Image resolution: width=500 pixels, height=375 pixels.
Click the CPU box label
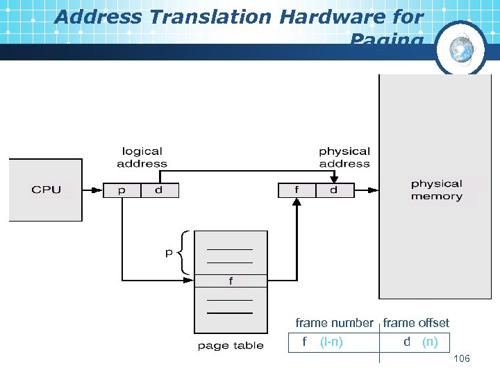point(46,190)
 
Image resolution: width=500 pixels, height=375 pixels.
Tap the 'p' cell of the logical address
point(122,190)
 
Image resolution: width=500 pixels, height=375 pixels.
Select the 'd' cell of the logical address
point(160,190)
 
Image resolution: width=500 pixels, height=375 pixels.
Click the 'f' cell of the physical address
point(297,190)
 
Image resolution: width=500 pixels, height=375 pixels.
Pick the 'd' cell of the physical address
point(334,190)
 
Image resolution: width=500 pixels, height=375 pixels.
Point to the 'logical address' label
point(142,157)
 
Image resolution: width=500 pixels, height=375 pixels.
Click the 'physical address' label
point(344,157)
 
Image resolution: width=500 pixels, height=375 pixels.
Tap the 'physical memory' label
point(436,190)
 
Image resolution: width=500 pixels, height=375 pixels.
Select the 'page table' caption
point(231,345)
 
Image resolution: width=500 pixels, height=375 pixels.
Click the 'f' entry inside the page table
point(231,281)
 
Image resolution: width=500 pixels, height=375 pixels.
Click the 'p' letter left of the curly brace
point(169,253)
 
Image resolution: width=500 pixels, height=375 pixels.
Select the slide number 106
point(461,358)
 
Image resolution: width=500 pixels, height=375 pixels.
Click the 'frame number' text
point(334,323)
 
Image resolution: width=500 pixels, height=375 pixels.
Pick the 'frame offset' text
point(416,323)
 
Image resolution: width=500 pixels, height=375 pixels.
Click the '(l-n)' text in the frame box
point(331,342)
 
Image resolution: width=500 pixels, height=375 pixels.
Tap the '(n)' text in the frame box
point(430,342)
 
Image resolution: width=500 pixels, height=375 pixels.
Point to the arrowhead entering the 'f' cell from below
point(297,202)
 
